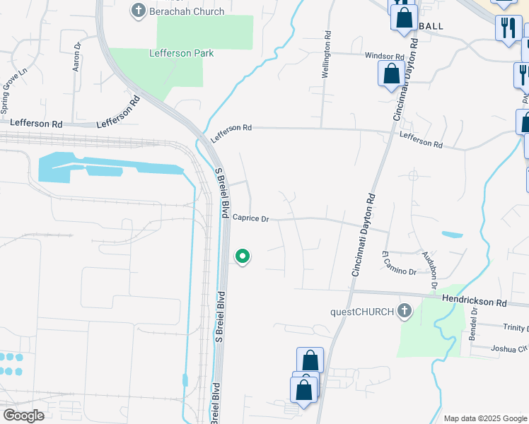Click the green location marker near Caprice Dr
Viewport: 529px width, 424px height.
pyautogui.click(x=243, y=256)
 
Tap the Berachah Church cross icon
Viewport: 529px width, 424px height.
pyautogui.click(x=137, y=11)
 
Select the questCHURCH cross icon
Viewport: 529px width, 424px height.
pyautogui.click(x=405, y=311)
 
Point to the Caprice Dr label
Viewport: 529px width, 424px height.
pyautogui.click(x=251, y=219)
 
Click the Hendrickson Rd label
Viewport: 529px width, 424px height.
pyautogui.click(x=475, y=302)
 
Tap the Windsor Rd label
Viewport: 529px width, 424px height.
pyautogui.click(x=384, y=57)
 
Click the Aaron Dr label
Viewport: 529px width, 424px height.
pyautogui.click(x=77, y=57)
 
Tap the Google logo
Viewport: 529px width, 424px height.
pyautogui.click(x=23, y=415)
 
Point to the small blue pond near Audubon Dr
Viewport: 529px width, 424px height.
pyautogui.click(x=451, y=234)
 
